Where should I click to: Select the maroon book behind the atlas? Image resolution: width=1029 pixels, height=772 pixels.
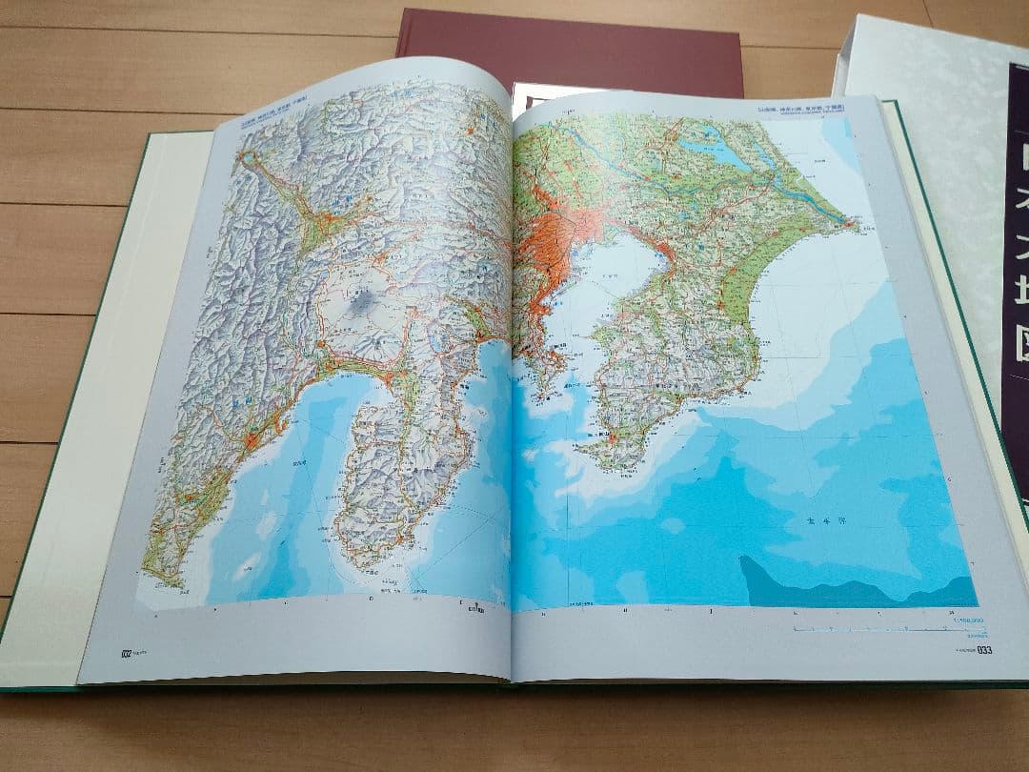[572, 48]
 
